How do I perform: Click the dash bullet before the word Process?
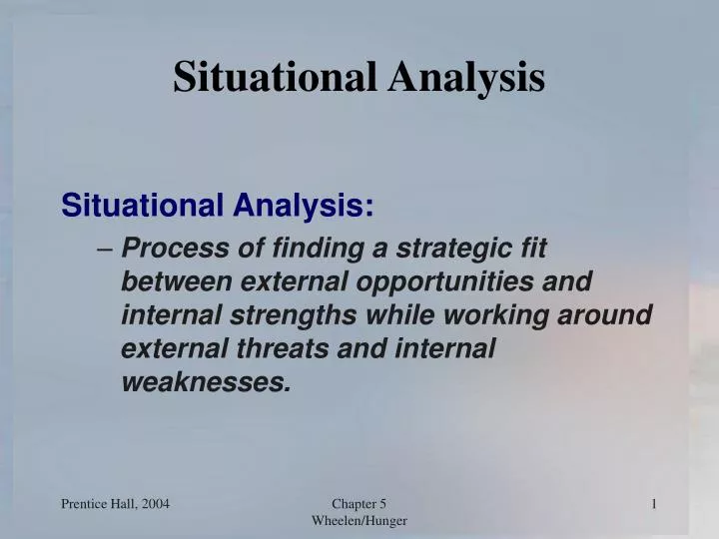(108, 248)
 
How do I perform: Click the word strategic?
(454, 248)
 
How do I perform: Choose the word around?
(610, 315)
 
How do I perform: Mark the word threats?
(291, 349)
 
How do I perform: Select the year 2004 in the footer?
(152, 505)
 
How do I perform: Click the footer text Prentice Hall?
(97, 505)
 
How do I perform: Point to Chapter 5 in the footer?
(359, 505)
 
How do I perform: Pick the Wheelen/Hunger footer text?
(359, 521)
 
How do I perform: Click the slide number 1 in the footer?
(653, 505)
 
